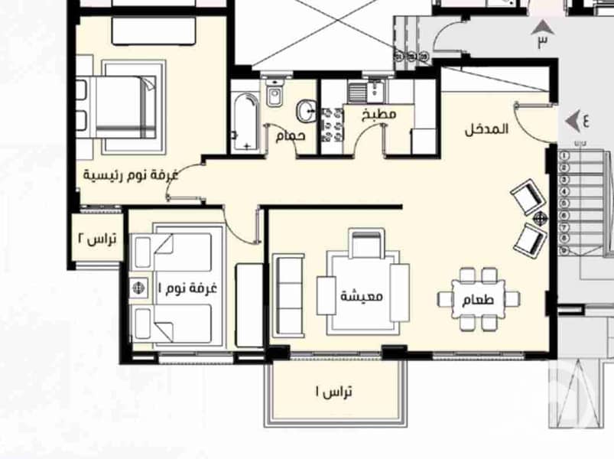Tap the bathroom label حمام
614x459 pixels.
[x=290, y=135]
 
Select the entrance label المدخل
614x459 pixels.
[x=487, y=129]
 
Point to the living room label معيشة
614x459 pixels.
[x=362, y=296]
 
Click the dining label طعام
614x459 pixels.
[x=478, y=300]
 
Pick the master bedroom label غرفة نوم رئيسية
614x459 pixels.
[x=131, y=174]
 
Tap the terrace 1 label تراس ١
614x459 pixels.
[x=334, y=391]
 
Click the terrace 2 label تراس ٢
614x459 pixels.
[x=98, y=239]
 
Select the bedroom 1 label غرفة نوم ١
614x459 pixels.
[x=187, y=288]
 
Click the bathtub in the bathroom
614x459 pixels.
[x=245, y=122]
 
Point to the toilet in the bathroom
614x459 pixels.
[x=275, y=93]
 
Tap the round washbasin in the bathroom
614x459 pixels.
[x=306, y=111]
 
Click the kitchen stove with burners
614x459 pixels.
[x=333, y=125]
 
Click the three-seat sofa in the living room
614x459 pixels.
[x=288, y=295]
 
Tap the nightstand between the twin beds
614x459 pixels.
[x=139, y=288]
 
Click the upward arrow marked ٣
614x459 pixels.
[x=542, y=28]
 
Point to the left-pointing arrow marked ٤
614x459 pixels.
[x=573, y=122]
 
